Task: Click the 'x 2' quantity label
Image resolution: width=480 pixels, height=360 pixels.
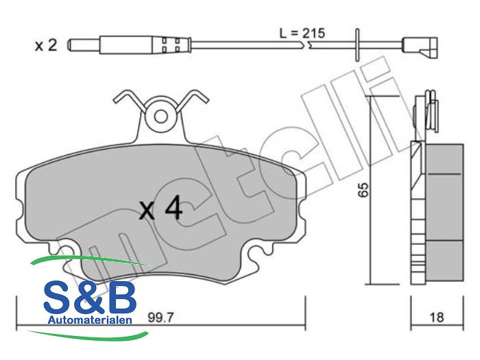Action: click(x=46, y=46)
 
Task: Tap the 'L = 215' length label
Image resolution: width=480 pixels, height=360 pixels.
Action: click(x=302, y=33)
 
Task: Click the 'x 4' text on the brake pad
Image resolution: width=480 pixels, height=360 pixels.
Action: click(x=160, y=208)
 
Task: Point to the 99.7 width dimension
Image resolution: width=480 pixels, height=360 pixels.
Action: click(x=160, y=317)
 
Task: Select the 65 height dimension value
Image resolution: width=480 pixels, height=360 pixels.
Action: click(x=363, y=190)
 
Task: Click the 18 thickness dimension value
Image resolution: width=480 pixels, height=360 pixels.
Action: click(x=437, y=317)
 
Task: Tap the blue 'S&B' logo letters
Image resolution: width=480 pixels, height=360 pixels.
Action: click(x=90, y=297)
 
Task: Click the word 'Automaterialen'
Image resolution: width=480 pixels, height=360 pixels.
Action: click(x=90, y=320)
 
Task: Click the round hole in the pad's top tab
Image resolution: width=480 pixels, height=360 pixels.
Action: click(x=160, y=117)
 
